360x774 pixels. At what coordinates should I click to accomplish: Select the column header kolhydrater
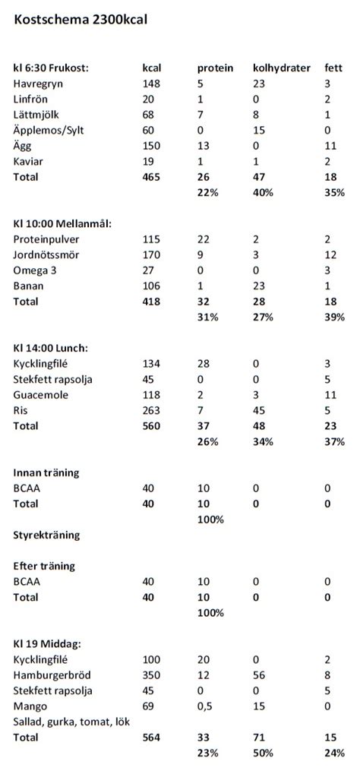pyautogui.click(x=281, y=68)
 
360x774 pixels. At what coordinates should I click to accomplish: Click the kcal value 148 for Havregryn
pyautogui.click(x=151, y=83)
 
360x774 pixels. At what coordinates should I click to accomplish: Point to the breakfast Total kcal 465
pyautogui.click(x=152, y=177)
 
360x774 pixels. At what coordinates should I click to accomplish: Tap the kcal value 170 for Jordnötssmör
pyautogui.click(x=151, y=254)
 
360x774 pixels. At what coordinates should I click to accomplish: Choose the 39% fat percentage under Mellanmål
pyautogui.click(x=333, y=317)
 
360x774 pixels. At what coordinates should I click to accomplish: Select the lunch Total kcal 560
pyautogui.click(x=152, y=426)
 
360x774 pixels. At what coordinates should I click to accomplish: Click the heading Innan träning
pyautogui.click(x=46, y=472)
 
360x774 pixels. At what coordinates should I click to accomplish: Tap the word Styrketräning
pyautogui.click(x=46, y=535)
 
